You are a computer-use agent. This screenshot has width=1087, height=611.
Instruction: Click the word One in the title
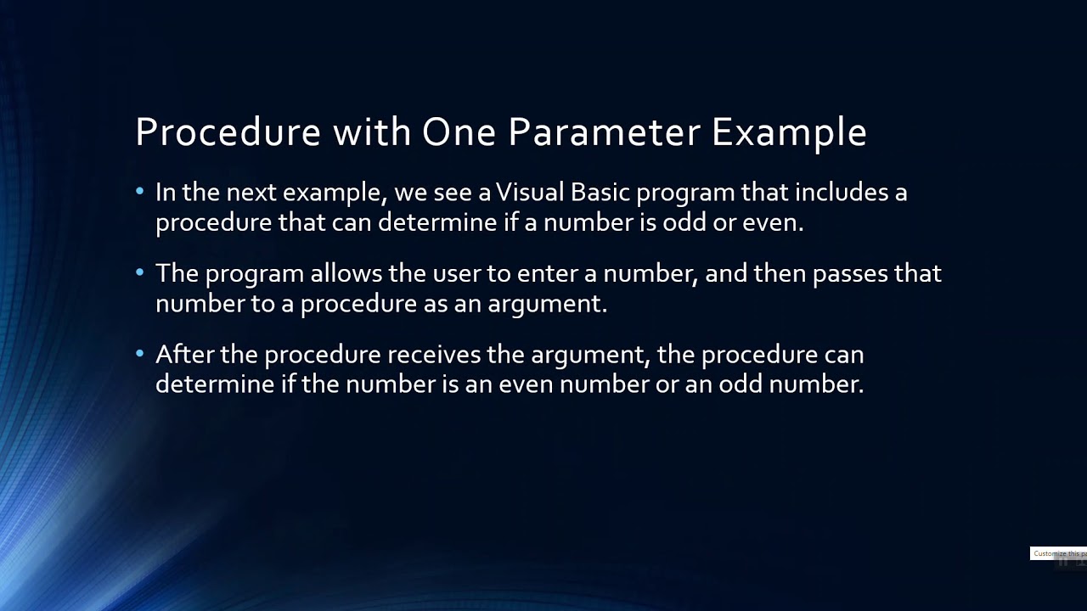pos(459,132)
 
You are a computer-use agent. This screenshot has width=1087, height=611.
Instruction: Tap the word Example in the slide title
pos(789,132)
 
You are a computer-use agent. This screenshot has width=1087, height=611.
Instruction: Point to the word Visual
pos(530,193)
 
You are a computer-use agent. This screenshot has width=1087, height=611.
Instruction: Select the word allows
pos(346,273)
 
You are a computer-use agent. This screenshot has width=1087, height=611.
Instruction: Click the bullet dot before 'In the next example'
pos(140,192)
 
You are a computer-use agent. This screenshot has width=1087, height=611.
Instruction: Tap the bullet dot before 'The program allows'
pos(140,272)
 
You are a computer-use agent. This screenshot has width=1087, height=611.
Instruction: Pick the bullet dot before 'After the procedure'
pos(140,353)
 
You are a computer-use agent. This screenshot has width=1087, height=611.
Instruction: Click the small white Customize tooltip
pos(1058,553)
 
